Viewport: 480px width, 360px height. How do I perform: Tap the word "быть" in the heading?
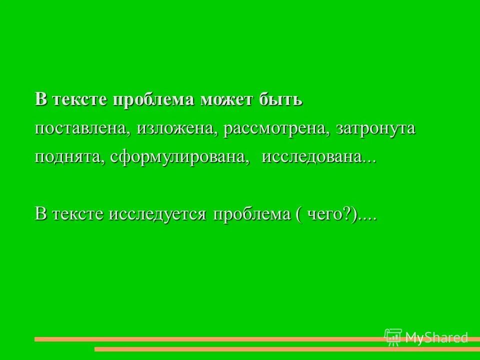click(280, 99)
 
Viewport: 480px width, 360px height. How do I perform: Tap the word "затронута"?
click(375, 128)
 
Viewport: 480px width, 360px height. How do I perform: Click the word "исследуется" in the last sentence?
click(164, 214)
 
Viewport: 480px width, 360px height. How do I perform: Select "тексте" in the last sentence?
click(76, 214)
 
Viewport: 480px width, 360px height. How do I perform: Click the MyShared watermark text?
click(436, 337)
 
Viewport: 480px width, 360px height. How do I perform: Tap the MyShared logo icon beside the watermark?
click(393, 337)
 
